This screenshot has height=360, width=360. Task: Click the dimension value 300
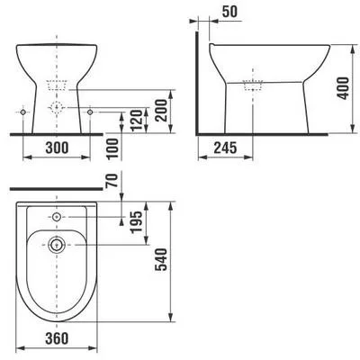(57, 148)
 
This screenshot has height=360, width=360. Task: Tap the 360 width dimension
(57, 338)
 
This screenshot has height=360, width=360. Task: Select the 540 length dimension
(161, 259)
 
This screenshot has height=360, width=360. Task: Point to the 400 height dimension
(343, 88)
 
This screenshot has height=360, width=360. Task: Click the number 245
(226, 148)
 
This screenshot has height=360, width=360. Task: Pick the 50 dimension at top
(230, 12)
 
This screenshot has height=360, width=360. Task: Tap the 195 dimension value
(136, 221)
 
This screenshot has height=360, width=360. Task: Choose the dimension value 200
(161, 110)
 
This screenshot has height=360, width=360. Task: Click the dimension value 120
(136, 121)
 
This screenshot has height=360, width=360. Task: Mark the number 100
(112, 148)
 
